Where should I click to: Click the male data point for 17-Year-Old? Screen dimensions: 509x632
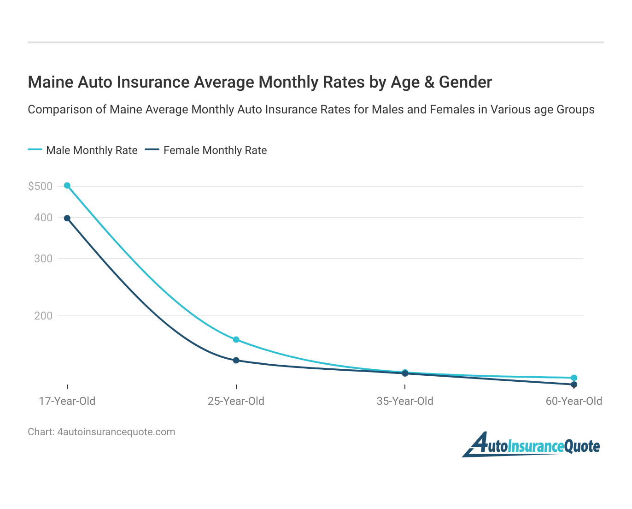tap(67, 185)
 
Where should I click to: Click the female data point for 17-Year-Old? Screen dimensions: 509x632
tap(67, 218)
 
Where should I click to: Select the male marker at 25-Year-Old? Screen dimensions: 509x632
tap(236, 339)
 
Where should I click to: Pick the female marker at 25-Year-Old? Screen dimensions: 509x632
tap(236, 360)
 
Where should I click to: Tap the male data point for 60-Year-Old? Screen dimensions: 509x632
tap(574, 378)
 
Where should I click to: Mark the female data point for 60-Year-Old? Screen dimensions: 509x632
tap(574, 384)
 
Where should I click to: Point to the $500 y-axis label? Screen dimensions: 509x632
tap(40, 186)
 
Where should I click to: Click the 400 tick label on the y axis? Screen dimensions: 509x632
tap(43, 218)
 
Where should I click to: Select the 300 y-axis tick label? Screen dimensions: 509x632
tap(43, 259)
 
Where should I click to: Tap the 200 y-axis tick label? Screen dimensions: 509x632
tap(43, 316)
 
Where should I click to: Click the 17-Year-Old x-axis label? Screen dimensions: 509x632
tap(67, 401)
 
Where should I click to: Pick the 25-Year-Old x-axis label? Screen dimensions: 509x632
tap(236, 401)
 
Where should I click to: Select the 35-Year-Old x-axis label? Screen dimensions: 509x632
tap(405, 401)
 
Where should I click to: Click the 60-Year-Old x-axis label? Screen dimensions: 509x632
tap(574, 401)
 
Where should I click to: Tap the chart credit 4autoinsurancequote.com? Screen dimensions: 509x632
tap(116, 432)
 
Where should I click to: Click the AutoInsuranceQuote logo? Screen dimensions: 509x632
tap(531, 445)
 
